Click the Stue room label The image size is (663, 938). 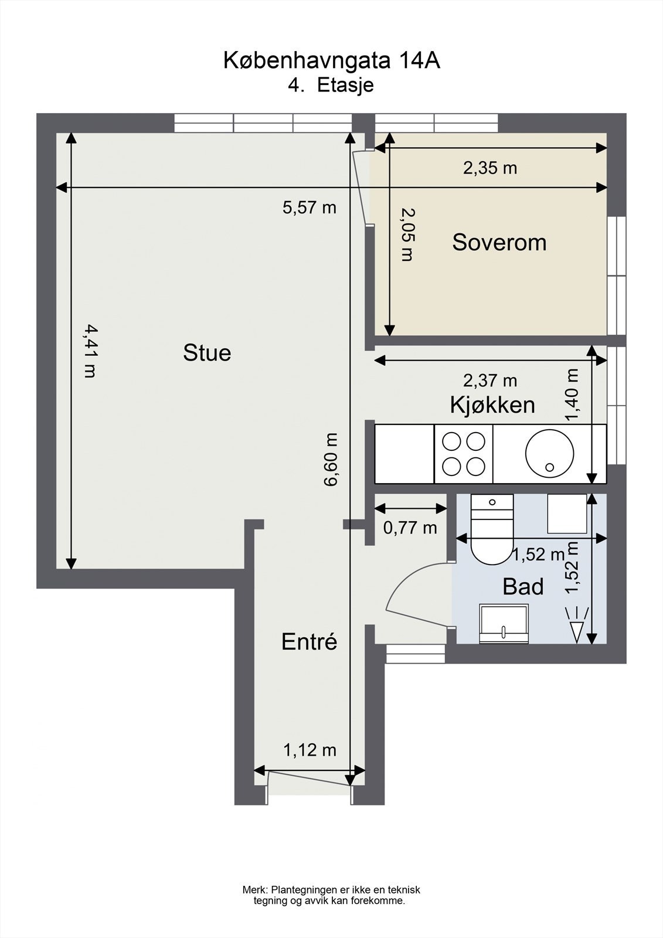207,352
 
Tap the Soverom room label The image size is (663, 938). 499,243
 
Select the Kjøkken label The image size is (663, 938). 492,405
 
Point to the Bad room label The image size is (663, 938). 523,587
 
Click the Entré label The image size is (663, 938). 309,641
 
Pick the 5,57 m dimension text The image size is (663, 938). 310,208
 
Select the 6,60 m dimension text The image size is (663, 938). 331,460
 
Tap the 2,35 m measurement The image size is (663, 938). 490,168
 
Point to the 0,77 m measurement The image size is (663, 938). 410,528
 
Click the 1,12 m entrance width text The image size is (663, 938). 310,750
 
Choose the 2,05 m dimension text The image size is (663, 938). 407,235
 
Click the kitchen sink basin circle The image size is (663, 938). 550,454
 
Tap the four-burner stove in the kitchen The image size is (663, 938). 464,454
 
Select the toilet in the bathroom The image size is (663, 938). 492,529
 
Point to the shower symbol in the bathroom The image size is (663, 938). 577,625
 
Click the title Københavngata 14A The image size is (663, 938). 331,60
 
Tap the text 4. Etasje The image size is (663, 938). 331,86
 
